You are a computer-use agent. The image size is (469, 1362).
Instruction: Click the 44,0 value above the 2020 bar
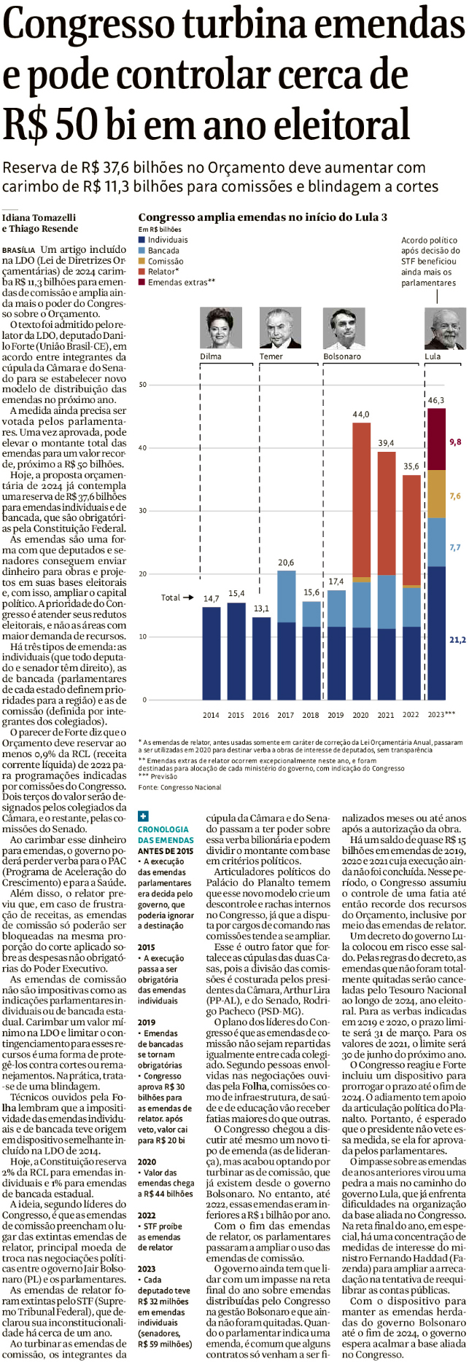tap(361, 415)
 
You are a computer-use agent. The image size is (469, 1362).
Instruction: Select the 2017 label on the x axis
tap(285, 715)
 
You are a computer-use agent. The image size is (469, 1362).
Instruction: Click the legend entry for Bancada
tap(163, 251)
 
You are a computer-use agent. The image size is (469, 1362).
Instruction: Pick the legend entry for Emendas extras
tap(181, 283)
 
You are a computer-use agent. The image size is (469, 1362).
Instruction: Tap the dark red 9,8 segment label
tap(455, 442)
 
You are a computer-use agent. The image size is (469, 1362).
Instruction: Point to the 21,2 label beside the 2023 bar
tap(457, 640)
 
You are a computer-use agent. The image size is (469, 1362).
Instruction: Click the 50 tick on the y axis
tap(143, 385)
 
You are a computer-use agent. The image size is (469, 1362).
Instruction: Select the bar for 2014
tap(212, 652)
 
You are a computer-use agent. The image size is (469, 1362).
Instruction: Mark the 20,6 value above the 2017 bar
tap(286, 563)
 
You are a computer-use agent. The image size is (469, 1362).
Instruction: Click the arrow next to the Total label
tap(188, 598)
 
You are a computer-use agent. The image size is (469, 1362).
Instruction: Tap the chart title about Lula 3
tap(263, 217)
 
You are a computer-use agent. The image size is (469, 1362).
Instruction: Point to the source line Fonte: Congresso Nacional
tap(179, 787)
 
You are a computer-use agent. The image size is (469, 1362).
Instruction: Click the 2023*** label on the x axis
tap(441, 715)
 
